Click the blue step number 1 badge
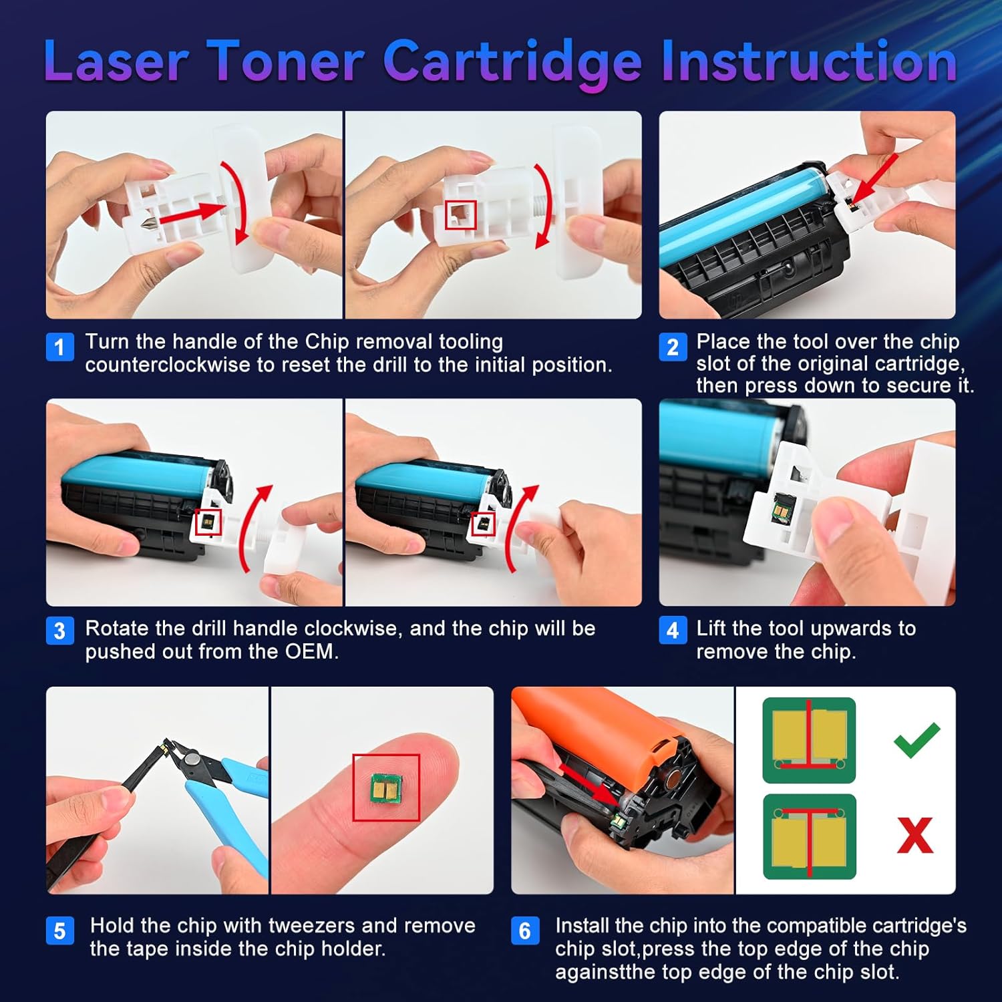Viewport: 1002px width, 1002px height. [59, 347]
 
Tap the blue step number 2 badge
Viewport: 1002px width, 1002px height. [673, 347]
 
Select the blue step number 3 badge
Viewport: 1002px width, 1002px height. [59, 631]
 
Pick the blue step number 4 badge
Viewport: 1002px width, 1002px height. [673, 631]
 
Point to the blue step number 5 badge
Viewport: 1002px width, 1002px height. [59, 931]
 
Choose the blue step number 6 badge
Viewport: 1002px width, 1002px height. [525, 931]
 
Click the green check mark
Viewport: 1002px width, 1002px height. [916, 739]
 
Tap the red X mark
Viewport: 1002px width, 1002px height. [914, 835]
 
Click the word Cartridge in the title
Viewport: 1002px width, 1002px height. [512, 62]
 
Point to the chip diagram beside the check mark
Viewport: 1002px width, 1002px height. [809, 739]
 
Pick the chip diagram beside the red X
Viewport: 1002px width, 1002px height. [809, 836]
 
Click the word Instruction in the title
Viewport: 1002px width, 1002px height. [809, 62]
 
